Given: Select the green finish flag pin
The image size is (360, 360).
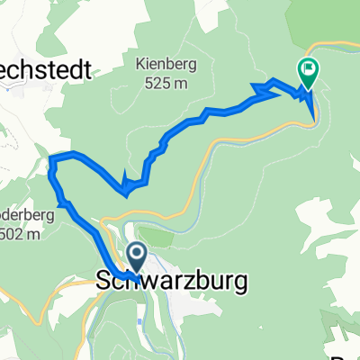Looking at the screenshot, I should point(308,68).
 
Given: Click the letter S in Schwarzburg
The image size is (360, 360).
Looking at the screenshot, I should point(103,281).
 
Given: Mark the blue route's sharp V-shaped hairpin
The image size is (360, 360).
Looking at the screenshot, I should point(127,190).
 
